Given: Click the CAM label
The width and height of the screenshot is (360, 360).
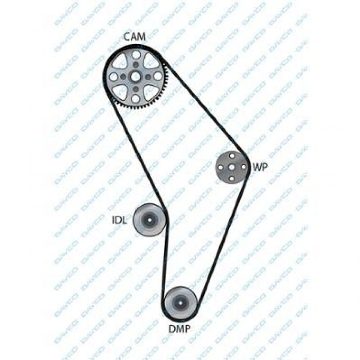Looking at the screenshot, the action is (135, 37).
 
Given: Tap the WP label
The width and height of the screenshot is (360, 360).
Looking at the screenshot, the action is (260, 167).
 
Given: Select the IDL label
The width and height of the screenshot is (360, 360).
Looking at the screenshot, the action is (119, 220).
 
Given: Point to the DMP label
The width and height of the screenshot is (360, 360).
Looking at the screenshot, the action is (180, 329).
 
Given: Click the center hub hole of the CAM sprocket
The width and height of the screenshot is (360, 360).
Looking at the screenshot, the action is (135, 77).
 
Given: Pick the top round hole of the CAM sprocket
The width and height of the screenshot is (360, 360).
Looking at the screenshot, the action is (136, 55).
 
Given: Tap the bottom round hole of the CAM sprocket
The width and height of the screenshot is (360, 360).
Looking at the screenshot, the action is (136, 99).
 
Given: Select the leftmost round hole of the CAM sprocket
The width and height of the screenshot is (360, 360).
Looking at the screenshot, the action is (113, 77).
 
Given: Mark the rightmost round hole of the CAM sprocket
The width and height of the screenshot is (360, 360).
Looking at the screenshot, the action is (158, 76).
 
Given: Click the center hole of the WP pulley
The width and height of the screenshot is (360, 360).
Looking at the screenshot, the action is (232, 167).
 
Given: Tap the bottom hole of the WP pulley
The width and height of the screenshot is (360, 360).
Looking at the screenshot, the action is (232, 179).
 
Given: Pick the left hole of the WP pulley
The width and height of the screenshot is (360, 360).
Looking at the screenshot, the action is (221, 167).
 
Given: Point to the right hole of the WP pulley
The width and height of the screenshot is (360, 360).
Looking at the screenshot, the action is (243, 167).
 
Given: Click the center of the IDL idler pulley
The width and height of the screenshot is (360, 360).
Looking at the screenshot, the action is (150, 220).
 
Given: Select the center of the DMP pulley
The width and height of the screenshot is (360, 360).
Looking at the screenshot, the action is (180, 303).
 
